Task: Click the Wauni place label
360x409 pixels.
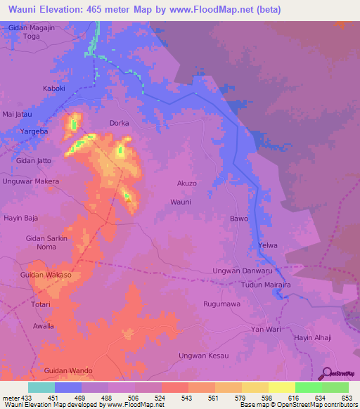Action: click(x=181, y=202)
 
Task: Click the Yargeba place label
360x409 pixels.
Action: click(x=34, y=131)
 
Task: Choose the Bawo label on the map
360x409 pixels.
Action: click(x=239, y=219)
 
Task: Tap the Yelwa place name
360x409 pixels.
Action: click(x=268, y=245)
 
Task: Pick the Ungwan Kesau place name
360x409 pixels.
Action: click(x=204, y=356)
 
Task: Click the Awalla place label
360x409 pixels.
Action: click(x=43, y=326)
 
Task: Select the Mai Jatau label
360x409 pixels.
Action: click(x=18, y=113)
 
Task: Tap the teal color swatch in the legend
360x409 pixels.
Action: click(x=41, y=387)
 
